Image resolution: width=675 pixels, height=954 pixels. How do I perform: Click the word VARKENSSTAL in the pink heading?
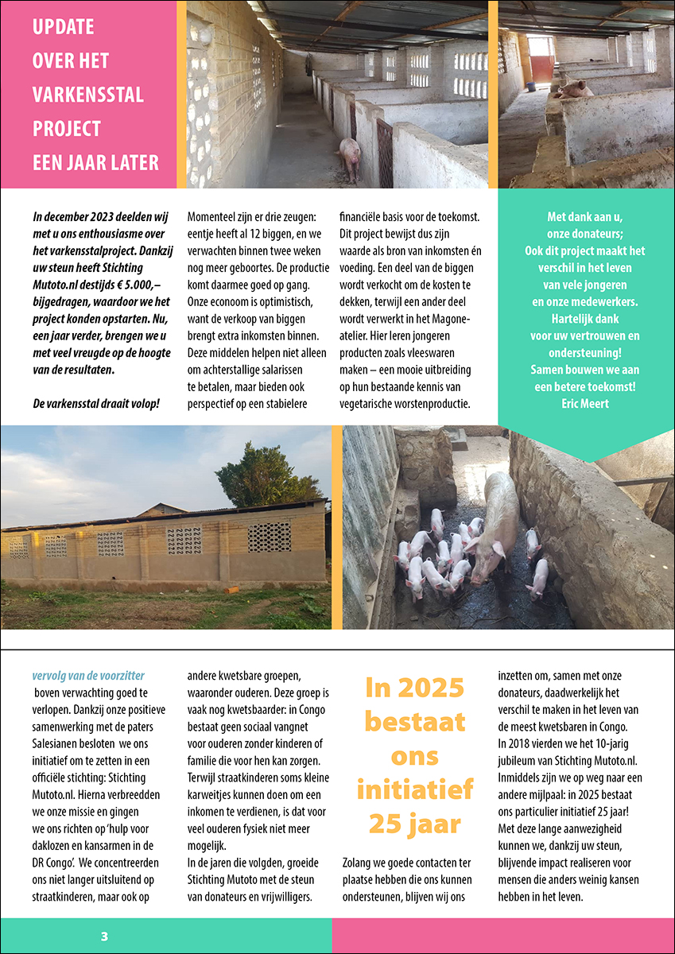(87, 95)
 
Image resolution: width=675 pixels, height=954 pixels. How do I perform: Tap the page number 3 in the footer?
(104, 937)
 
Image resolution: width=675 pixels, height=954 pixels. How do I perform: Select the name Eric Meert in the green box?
(585, 403)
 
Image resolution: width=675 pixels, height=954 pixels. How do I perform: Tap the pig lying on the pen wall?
(573, 89)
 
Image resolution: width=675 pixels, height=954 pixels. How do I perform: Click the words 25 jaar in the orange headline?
(414, 824)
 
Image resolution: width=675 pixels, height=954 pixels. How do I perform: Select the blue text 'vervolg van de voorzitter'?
(87, 677)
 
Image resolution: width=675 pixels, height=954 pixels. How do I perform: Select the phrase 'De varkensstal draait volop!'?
(96, 403)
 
